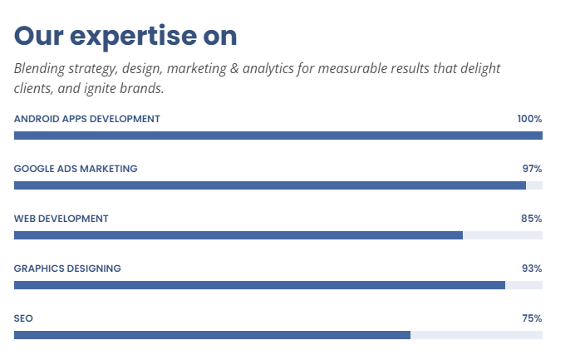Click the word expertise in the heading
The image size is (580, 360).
[x=133, y=37]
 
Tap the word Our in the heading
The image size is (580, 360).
[x=39, y=36]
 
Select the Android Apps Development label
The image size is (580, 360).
[x=87, y=119]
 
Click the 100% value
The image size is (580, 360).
[x=529, y=119]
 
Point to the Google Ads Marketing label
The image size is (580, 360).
[x=76, y=169]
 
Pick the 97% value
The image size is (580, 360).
[x=533, y=169]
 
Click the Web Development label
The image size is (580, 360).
[x=61, y=219]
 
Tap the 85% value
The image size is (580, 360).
[x=532, y=219]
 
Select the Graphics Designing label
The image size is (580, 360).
[x=67, y=269]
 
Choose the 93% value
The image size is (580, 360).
[x=532, y=269]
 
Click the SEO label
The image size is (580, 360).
[x=23, y=318]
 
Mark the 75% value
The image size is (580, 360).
[x=533, y=318]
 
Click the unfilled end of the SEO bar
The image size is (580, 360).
[x=476, y=335]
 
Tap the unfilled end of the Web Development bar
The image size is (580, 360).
[x=503, y=235]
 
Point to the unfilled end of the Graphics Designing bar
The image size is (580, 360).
[x=523, y=285]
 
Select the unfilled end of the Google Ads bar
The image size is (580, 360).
[x=534, y=185]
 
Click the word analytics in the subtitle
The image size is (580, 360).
[x=268, y=69]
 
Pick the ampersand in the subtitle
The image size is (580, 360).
[x=234, y=68]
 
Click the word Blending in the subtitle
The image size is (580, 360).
[x=40, y=69]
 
